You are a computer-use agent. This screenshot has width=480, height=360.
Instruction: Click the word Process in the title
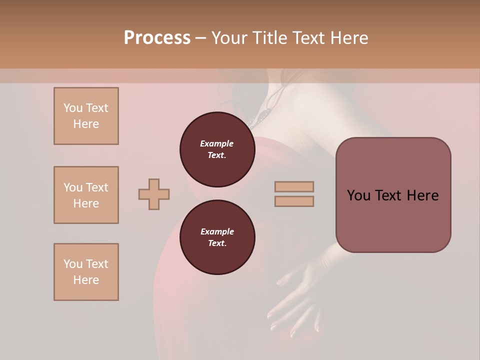pos(157,38)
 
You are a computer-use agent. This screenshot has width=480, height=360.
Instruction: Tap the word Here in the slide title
pos(347,38)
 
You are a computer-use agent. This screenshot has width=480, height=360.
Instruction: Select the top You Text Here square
pos(86,116)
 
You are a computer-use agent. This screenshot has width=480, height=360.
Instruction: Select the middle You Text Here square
pos(86,195)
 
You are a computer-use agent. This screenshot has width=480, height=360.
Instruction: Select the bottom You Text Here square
pos(86,272)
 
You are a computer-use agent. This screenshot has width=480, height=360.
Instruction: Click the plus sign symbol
pos(154,194)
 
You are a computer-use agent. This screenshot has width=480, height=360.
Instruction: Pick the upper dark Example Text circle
pos(217,149)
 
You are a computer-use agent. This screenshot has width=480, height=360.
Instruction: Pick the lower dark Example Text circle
pos(217,237)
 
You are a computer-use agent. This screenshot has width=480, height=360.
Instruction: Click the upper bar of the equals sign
pos(294,187)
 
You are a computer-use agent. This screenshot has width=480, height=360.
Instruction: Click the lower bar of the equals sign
pos(294,201)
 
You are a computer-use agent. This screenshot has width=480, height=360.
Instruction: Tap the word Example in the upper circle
pos(217,144)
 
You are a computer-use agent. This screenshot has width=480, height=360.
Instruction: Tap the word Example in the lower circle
pos(217,232)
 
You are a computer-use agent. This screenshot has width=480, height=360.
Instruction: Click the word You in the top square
pos(72,108)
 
